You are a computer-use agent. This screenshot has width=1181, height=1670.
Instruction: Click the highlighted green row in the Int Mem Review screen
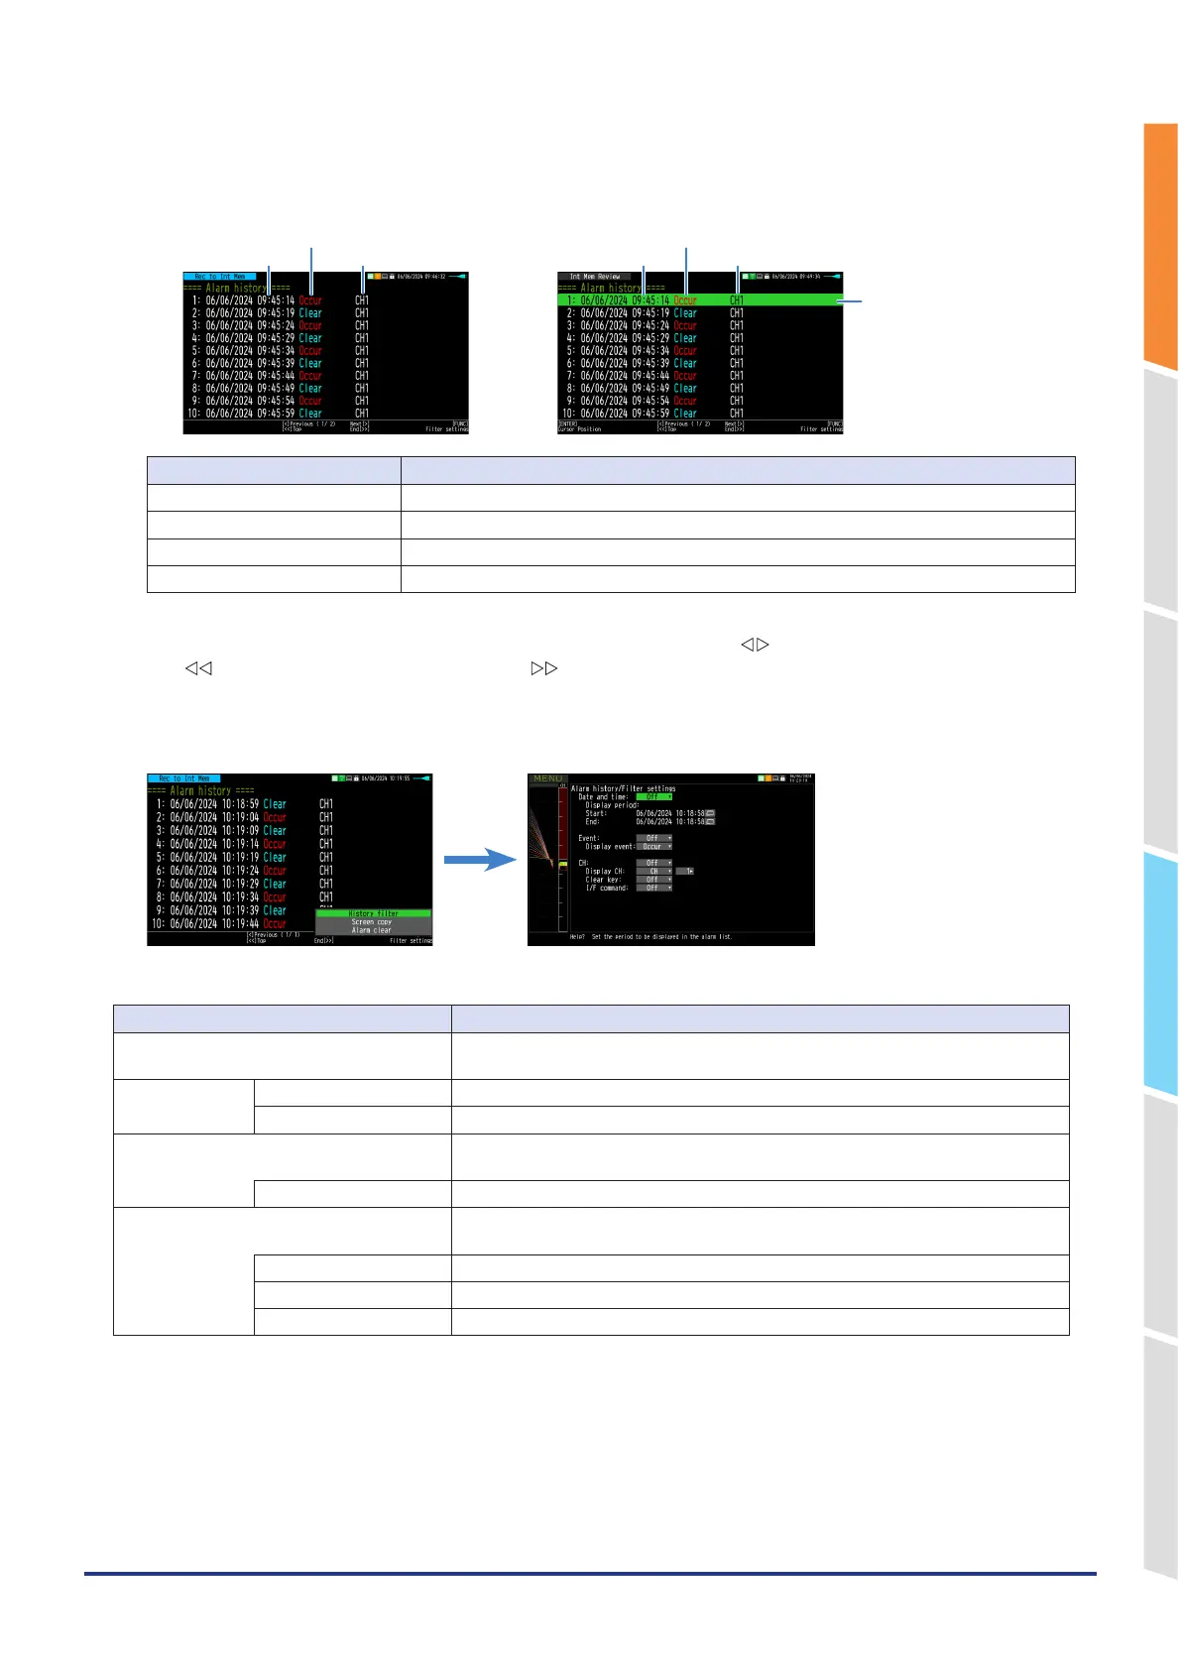[x=699, y=299]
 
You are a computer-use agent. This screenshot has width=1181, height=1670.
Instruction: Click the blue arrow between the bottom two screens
[x=480, y=861]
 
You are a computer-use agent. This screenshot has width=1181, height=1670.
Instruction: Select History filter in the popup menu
[x=374, y=913]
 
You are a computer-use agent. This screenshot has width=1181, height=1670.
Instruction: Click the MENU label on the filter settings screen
[x=547, y=779]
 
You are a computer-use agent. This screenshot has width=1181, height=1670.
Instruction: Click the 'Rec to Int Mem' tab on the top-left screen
[x=220, y=277]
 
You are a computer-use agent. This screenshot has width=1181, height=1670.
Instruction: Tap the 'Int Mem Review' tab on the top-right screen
[x=595, y=277]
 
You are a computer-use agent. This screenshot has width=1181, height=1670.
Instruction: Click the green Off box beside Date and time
[x=653, y=796]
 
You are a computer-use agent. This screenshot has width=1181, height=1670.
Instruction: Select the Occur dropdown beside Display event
[x=653, y=846]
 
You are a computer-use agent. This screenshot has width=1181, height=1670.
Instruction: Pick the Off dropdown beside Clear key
[x=653, y=880]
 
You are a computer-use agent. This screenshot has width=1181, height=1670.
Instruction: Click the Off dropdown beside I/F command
[x=653, y=888]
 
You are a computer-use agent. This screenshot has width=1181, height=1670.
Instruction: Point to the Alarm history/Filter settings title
[x=623, y=788]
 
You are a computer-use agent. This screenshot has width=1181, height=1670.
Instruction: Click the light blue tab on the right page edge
[x=1159, y=972]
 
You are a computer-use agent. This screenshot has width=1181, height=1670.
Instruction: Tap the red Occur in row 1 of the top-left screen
[x=310, y=300]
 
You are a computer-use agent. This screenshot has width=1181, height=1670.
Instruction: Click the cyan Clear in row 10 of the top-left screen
[x=310, y=414]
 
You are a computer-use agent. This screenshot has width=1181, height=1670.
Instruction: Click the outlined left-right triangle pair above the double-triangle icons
[x=755, y=645]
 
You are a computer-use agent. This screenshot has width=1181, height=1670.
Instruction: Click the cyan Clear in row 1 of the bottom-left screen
[x=275, y=804]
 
